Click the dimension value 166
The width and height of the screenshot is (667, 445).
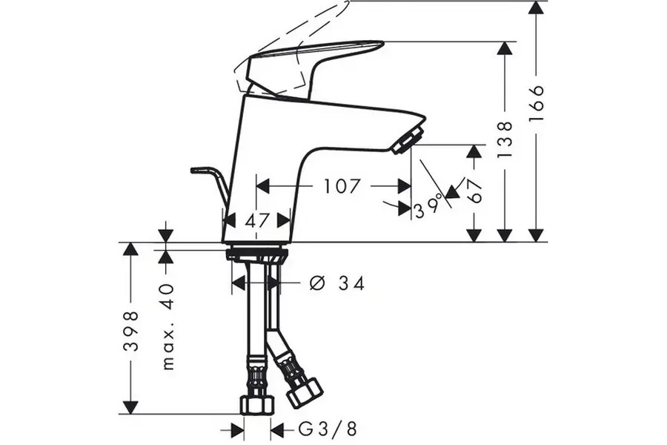click(x=537, y=104)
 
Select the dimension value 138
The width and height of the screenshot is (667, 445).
click(x=505, y=139)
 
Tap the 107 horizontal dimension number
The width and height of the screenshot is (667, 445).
click(x=342, y=186)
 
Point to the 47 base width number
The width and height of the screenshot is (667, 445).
click(x=258, y=220)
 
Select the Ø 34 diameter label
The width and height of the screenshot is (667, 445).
click(x=337, y=283)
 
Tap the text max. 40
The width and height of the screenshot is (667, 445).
click(x=168, y=326)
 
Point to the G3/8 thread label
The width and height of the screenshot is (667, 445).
click(x=327, y=429)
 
